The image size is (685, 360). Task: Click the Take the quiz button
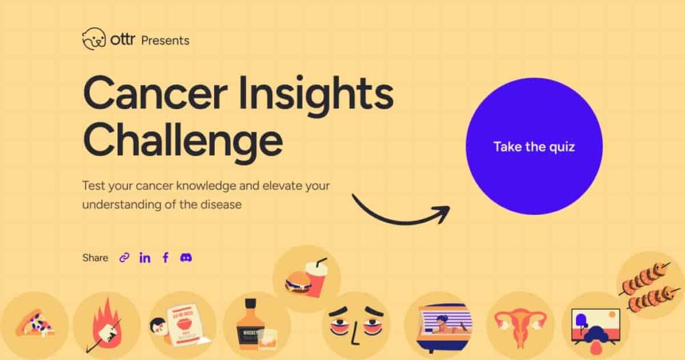(x=534, y=147)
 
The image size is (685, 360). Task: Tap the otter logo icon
(x=94, y=39)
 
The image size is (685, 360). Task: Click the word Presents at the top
(x=165, y=40)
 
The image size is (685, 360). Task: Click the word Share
(x=95, y=258)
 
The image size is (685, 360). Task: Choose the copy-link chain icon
(x=124, y=258)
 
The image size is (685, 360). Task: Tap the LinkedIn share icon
(x=144, y=258)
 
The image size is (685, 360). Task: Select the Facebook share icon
(x=165, y=258)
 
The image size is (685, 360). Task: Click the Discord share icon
(x=186, y=258)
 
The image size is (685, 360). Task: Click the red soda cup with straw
(x=316, y=277)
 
